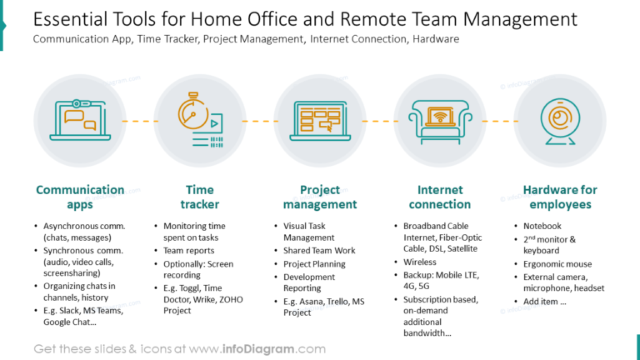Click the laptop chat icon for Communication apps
point(80,121)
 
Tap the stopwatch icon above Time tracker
point(200,121)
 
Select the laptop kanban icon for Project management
point(320,121)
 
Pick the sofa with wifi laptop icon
point(440,121)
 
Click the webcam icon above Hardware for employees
point(559,121)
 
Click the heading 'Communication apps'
point(80,197)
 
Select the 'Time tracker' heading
point(200,197)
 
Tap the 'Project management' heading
point(320,197)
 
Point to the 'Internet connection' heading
point(440,197)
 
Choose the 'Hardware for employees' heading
point(560,197)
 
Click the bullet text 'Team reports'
point(188,250)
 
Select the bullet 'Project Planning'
point(314,263)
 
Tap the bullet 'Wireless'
point(420,262)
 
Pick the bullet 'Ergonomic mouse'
point(557,264)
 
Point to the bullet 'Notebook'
point(542,226)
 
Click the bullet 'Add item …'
point(545,302)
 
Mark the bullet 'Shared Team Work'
point(319,251)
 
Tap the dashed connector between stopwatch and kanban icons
point(260,121)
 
